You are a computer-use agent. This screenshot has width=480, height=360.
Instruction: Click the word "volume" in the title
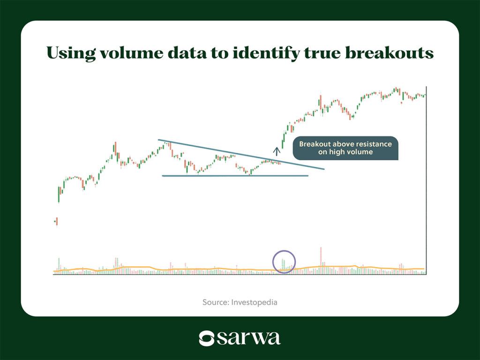click(x=132, y=53)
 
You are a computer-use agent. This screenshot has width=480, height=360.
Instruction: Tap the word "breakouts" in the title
click(x=390, y=53)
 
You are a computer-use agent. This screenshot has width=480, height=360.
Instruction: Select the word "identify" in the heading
click(x=265, y=53)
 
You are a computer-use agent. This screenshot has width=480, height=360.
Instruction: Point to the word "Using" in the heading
click(x=71, y=53)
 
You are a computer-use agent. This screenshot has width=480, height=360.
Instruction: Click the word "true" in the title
click(x=322, y=53)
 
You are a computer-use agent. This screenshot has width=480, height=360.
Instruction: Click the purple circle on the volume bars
click(x=273, y=262)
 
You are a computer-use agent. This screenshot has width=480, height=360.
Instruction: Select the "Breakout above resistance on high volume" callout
click(x=345, y=148)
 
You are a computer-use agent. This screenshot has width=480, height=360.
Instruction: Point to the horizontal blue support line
click(x=235, y=176)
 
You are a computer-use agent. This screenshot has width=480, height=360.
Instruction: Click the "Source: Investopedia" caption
click(x=240, y=302)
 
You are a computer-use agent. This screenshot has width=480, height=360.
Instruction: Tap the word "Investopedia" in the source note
click(x=254, y=302)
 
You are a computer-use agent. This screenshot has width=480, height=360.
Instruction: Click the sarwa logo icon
click(x=207, y=338)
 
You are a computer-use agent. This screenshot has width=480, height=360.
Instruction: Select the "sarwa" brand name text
click(x=248, y=338)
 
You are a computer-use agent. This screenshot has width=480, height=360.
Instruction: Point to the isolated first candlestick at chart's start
click(x=57, y=222)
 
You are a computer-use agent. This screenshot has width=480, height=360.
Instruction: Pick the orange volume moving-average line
click(x=239, y=269)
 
